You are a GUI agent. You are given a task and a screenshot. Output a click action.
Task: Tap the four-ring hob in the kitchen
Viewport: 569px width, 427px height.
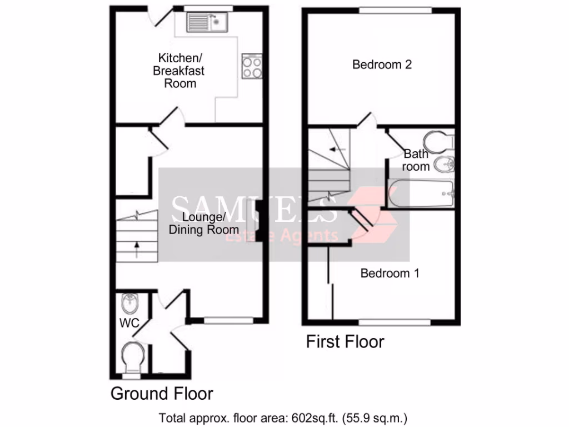[252, 67]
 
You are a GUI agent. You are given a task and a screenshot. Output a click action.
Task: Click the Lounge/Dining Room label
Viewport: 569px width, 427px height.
[204, 223]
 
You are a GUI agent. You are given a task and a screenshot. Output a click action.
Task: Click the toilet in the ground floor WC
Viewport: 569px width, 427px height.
[133, 356]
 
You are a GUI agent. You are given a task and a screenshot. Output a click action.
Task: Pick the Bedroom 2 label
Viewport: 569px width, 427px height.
[382, 64]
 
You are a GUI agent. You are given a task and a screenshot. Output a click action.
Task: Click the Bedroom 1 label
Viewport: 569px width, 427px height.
[390, 274]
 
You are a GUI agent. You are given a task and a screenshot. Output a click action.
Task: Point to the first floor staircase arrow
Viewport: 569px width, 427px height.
[337, 149]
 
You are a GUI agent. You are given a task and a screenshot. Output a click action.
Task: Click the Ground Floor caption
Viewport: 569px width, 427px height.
[162, 394]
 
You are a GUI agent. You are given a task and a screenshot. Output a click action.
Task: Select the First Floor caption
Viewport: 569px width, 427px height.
[345, 341]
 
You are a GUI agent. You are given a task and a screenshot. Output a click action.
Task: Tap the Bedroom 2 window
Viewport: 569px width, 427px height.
[395, 10]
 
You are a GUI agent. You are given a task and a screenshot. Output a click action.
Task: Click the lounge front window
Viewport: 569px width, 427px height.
[228, 320]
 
